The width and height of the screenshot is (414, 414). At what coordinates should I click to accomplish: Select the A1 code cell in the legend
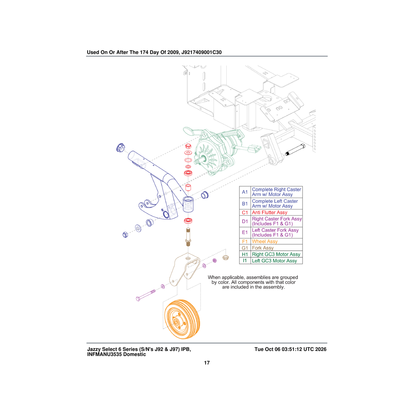245,192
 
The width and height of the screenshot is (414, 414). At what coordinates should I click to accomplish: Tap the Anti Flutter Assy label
269,212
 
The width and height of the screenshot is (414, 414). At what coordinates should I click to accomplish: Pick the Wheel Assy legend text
265,241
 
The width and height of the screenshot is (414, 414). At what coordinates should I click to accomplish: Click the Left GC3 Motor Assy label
274,260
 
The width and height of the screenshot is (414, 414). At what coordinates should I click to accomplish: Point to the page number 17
207,363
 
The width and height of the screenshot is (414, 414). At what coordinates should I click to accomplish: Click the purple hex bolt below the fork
146,296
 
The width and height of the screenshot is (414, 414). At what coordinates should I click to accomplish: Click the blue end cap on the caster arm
120,147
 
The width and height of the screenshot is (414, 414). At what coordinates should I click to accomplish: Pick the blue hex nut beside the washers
125,235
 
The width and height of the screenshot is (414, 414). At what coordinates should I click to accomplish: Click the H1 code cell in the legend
245,254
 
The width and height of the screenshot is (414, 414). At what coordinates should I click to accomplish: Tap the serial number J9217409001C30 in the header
201,52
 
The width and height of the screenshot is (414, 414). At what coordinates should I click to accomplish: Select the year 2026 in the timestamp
321,349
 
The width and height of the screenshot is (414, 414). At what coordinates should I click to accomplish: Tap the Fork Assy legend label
263,248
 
